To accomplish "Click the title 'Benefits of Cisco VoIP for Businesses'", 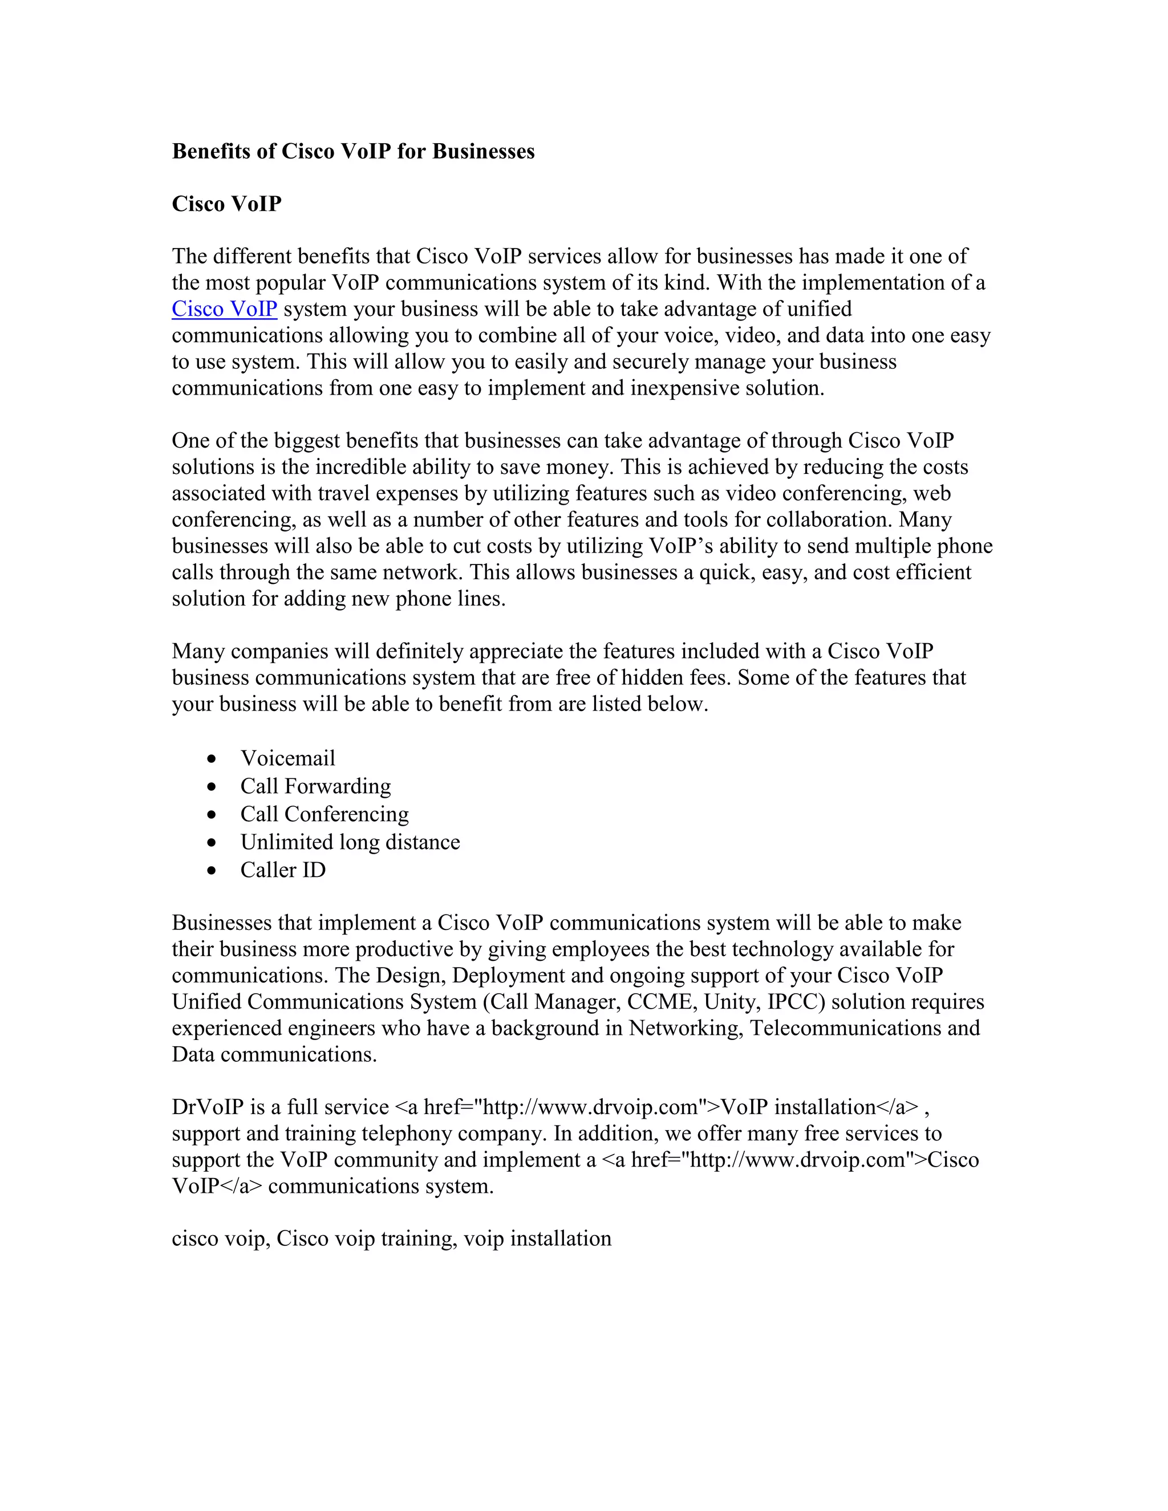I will point(353,152).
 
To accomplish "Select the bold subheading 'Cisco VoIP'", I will point(226,204).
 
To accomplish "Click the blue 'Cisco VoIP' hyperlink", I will point(224,309).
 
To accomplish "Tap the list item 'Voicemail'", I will point(287,758).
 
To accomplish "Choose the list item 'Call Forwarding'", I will point(315,787).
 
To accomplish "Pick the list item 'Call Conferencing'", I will point(325,814).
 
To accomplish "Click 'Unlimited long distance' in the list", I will point(350,842).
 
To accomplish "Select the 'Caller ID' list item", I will point(283,870).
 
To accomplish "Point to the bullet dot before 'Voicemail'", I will point(212,759).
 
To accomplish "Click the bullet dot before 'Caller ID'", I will point(212,871).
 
